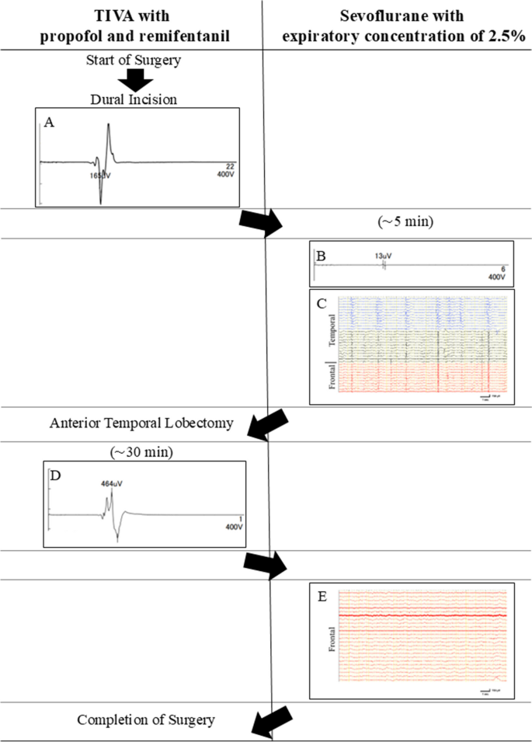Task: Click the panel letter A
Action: pos(49,121)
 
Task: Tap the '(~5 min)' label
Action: pos(399,221)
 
